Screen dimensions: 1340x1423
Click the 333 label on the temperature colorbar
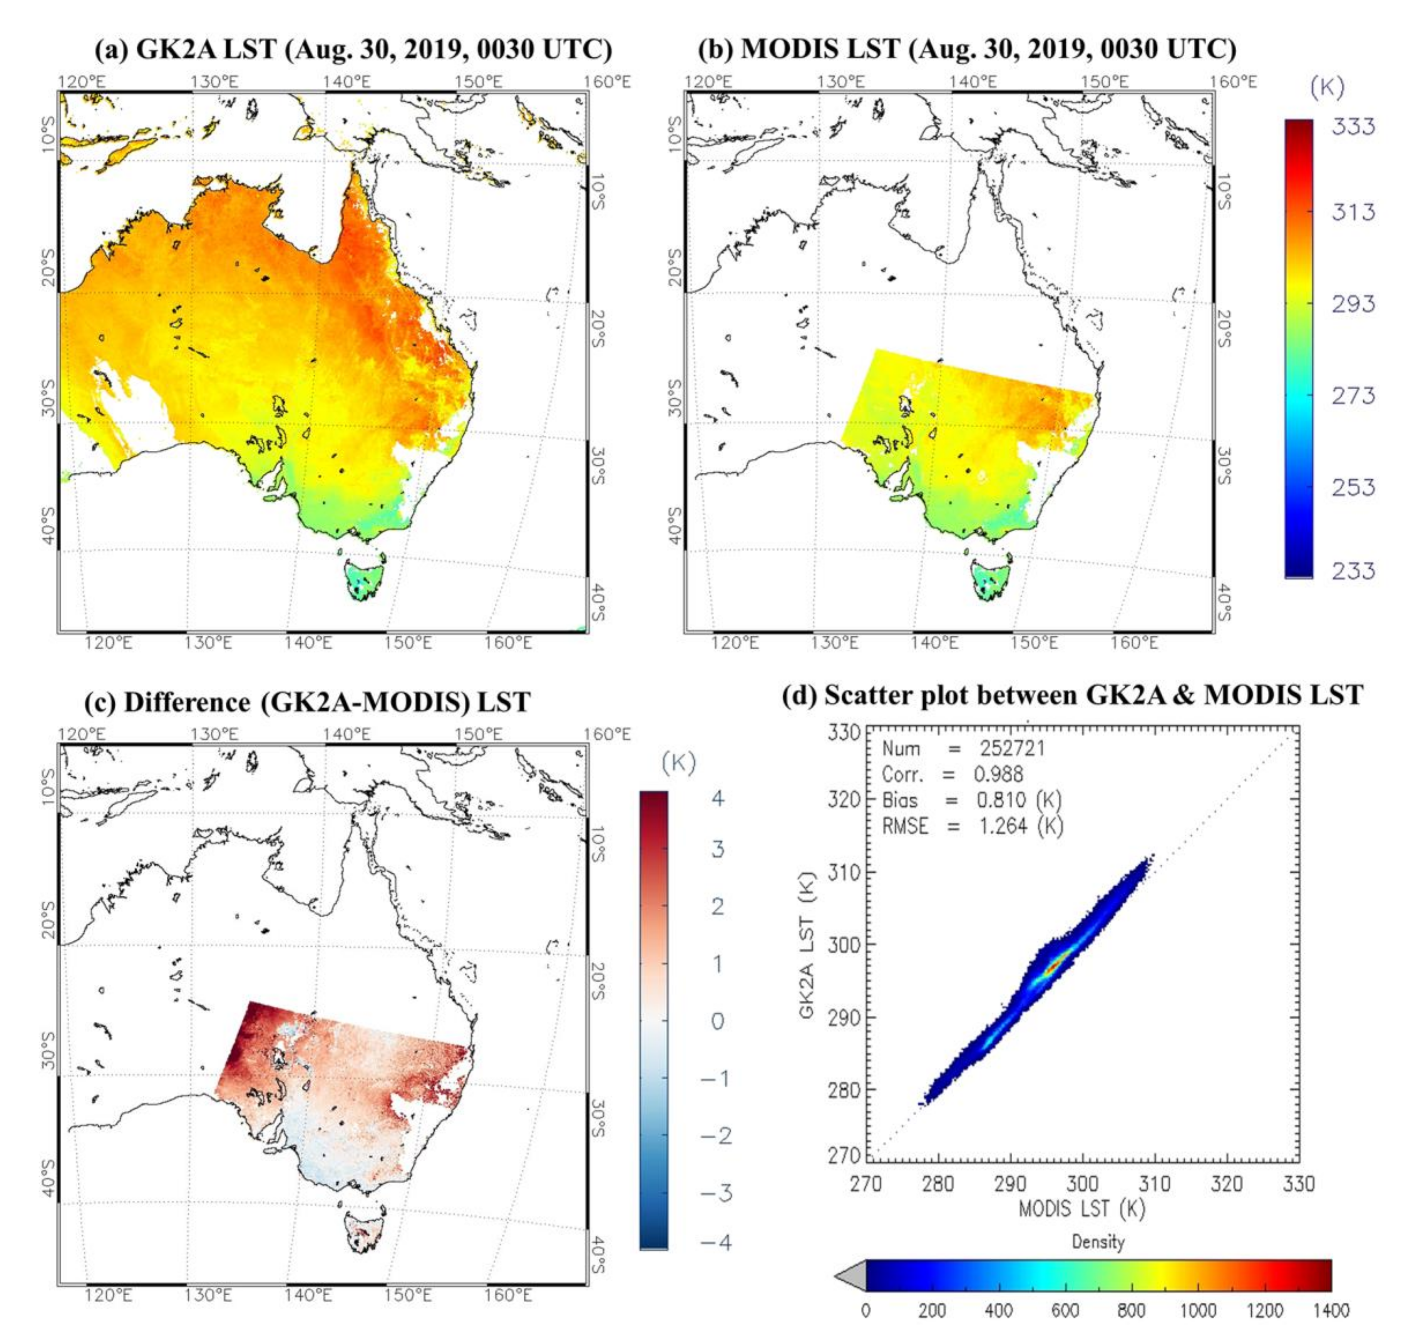point(1352,127)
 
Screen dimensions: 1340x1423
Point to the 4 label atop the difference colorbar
point(718,797)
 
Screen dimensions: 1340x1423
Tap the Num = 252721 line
point(963,749)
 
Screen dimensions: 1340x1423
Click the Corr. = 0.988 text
point(952,775)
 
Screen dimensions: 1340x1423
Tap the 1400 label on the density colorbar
point(1330,1310)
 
